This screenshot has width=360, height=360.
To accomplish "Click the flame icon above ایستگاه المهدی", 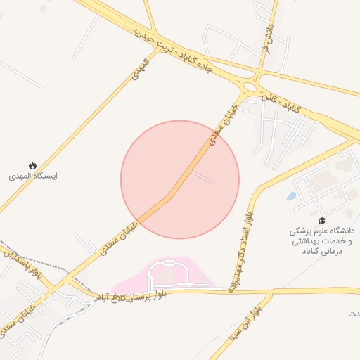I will pos(32,166).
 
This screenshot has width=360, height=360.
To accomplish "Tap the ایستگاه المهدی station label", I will pos(33,176).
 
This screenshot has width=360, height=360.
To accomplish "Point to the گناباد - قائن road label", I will pos(281,103).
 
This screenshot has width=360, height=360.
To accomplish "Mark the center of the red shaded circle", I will pos(180,179).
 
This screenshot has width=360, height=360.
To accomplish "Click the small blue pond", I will pos(291,196).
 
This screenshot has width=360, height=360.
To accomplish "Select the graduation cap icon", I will pos(322,220).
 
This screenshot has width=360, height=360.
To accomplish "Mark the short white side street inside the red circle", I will pos(200,176).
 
